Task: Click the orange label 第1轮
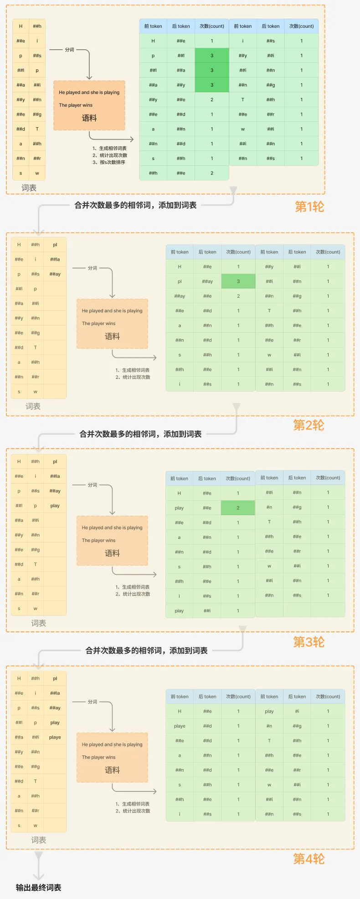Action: tap(309, 207)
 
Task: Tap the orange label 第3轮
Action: tap(309, 642)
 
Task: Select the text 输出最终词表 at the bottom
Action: tap(38, 887)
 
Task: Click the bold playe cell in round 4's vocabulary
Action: tap(55, 737)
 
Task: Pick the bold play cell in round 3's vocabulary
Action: tap(55, 506)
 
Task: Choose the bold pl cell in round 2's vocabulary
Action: tap(55, 245)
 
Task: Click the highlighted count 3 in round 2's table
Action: tap(238, 281)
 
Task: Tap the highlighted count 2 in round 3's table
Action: tap(238, 508)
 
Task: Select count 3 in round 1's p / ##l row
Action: tap(211, 56)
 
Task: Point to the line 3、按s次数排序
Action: tap(109, 162)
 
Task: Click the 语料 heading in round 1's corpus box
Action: tap(89, 118)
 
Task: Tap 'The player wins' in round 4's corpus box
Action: tap(99, 757)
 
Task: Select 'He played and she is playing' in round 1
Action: tap(89, 93)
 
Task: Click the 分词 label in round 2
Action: tap(93, 268)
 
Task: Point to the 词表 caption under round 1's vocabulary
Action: tap(29, 188)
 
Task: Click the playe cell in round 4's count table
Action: tap(180, 726)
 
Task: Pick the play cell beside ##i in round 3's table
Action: tap(179, 611)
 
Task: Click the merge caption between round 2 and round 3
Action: tap(140, 434)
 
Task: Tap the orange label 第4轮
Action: tap(309, 859)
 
